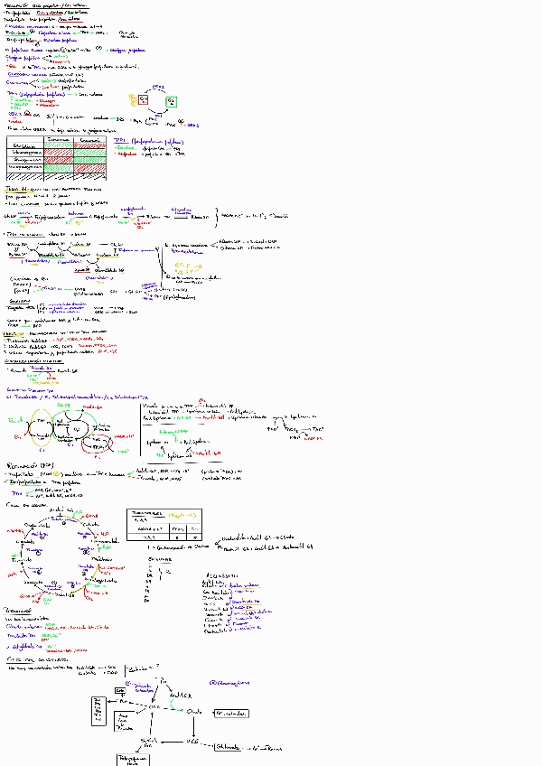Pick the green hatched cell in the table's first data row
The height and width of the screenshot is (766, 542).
tap(61, 151)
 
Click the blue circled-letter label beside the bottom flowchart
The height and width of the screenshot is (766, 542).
tap(214, 684)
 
